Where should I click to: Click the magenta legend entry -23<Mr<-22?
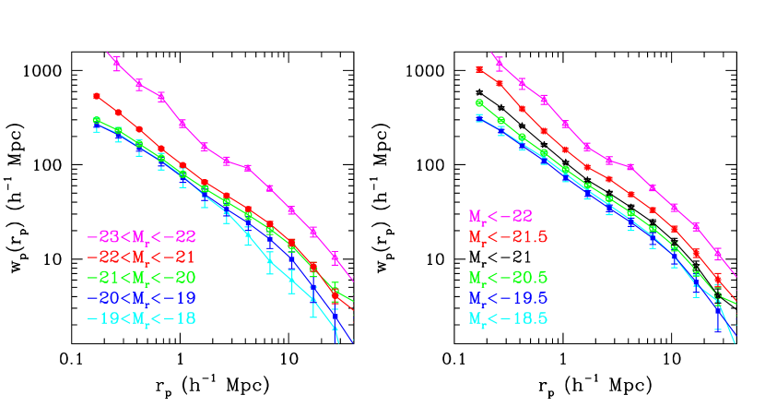click(x=141, y=236)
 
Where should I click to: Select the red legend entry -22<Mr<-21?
click(x=141, y=257)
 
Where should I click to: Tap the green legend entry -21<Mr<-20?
click(x=141, y=277)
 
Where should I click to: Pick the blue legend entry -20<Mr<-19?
click(x=141, y=298)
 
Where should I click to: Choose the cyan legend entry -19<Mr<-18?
click(x=141, y=318)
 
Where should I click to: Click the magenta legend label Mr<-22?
click(x=500, y=217)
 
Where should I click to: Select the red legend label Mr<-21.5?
click(x=508, y=237)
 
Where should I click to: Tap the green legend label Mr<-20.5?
click(x=508, y=277)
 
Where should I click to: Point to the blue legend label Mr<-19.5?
click(x=508, y=298)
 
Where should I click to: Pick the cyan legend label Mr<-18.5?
click(x=508, y=318)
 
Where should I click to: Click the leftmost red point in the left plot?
click(x=96, y=95)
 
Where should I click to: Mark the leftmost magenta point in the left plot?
click(x=117, y=63)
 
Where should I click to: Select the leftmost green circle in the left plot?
click(x=96, y=120)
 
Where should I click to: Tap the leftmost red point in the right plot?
click(x=478, y=69)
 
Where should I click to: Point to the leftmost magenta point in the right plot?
click(x=500, y=63)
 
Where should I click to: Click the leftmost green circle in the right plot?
click(x=479, y=102)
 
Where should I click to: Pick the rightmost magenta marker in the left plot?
click(x=335, y=257)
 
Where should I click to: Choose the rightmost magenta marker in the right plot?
click(x=718, y=253)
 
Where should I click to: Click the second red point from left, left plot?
click(x=118, y=113)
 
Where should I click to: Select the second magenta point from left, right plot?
click(x=522, y=83)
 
